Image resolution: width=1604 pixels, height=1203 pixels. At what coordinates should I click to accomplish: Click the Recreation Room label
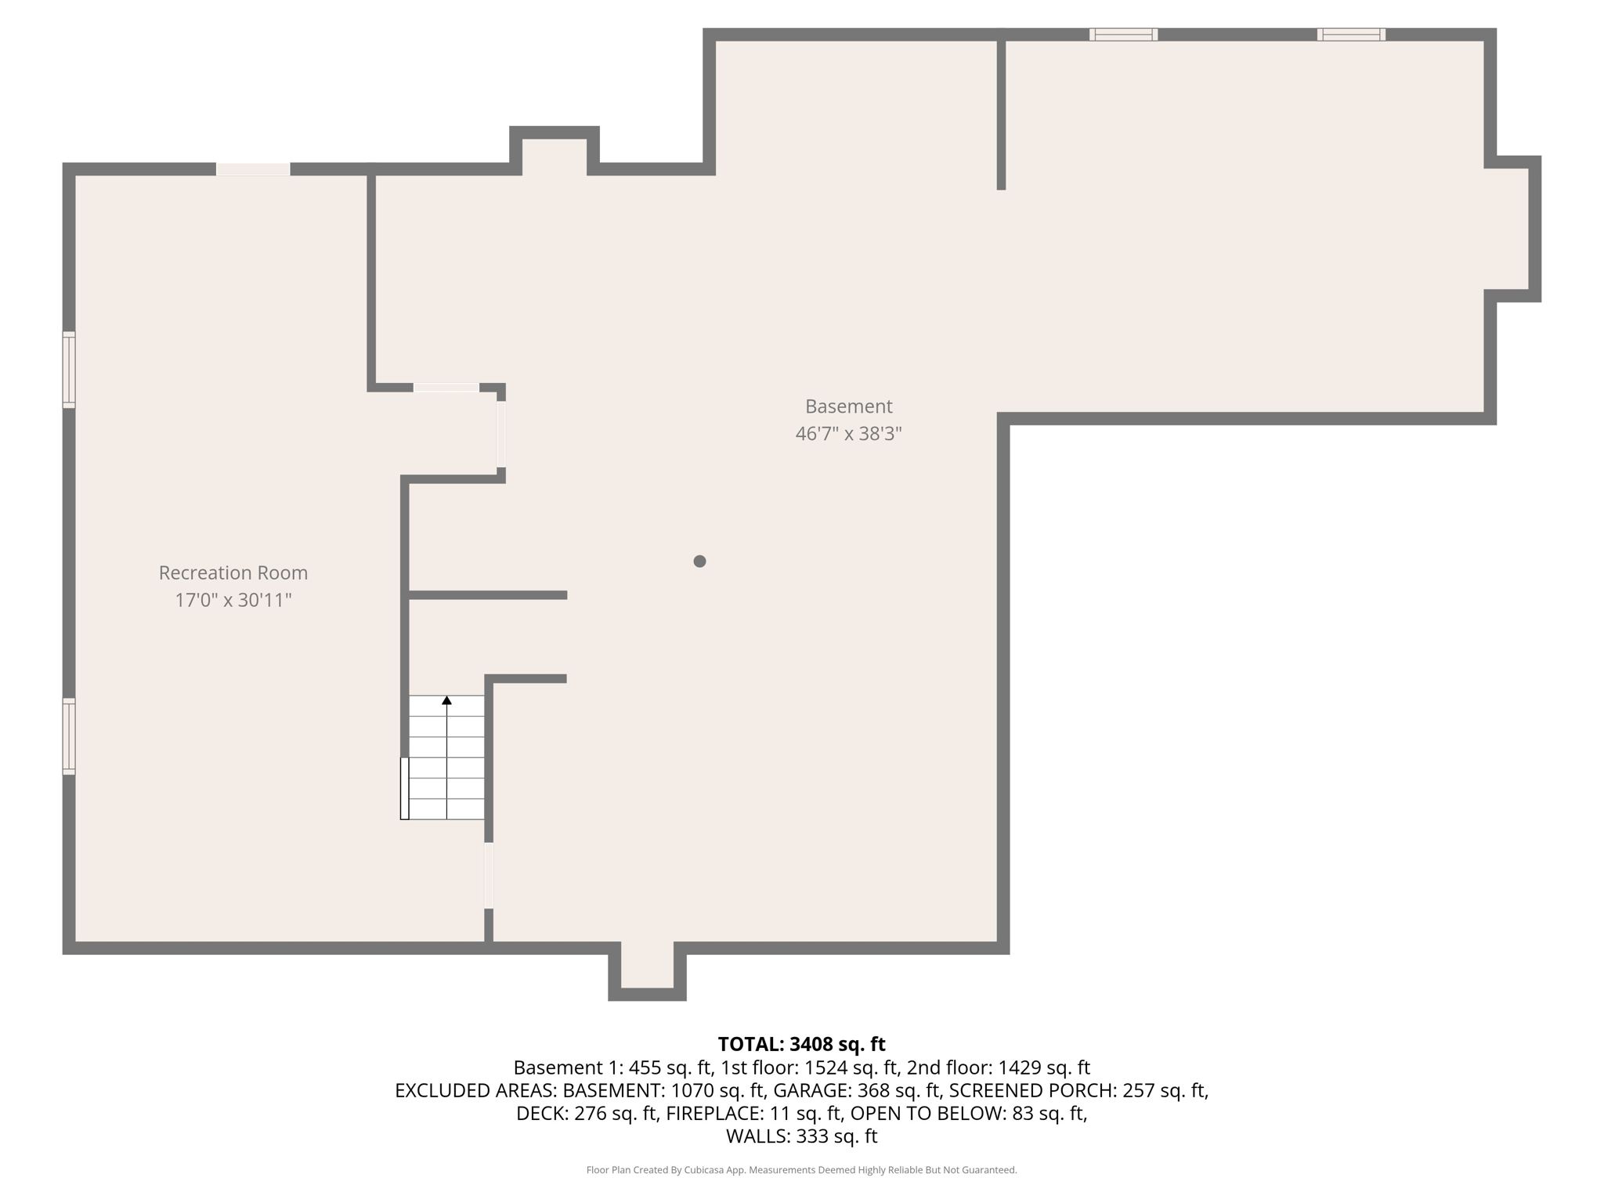coord(233,573)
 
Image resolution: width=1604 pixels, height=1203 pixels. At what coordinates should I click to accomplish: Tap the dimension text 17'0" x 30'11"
coord(233,600)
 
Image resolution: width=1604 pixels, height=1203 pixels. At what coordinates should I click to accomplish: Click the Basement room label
coord(848,406)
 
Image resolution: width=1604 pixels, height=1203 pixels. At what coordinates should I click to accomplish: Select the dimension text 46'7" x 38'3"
coord(848,433)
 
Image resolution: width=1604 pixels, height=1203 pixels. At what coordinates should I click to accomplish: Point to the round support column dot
coord(699,561)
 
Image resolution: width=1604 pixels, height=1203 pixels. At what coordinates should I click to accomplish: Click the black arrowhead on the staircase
coord(446,700)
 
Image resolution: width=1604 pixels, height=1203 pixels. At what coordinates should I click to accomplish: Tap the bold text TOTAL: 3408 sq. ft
coord(801,1044)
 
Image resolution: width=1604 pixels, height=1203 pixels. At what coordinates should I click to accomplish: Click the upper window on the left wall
coord(69,370)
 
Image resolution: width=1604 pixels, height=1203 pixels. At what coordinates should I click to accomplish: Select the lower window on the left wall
coord(69,736)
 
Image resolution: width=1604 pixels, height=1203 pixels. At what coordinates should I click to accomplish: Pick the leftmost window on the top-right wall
coord(1123,34)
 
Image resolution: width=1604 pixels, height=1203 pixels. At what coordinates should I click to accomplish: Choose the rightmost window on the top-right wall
coord(1351,34)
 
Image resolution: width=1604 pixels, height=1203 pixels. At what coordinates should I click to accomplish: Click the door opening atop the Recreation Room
coord(253,169)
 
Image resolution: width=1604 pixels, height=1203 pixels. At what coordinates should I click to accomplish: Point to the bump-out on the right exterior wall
coord(1512,228)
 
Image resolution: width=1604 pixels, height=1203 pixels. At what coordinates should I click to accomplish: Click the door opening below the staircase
coord(489,875)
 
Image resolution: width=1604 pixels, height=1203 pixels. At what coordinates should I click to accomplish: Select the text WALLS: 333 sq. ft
coord(801,1136)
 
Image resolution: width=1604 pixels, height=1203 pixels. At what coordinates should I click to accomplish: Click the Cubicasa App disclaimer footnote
coord(801,1170)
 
